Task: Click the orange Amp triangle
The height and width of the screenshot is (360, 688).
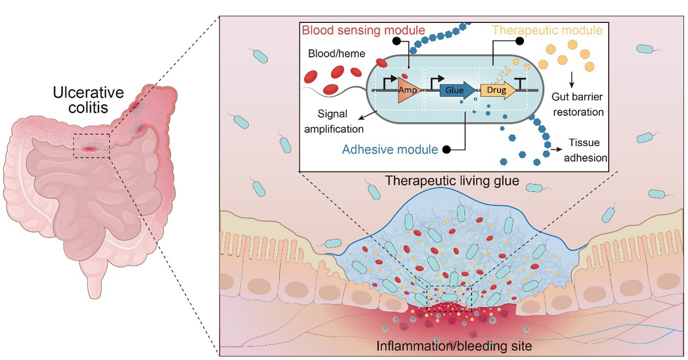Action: click(x=408, y=91)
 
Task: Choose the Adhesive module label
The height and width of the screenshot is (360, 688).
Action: click(x=390, y=150)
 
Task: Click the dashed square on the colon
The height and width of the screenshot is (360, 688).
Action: click(x=92, y=144)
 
